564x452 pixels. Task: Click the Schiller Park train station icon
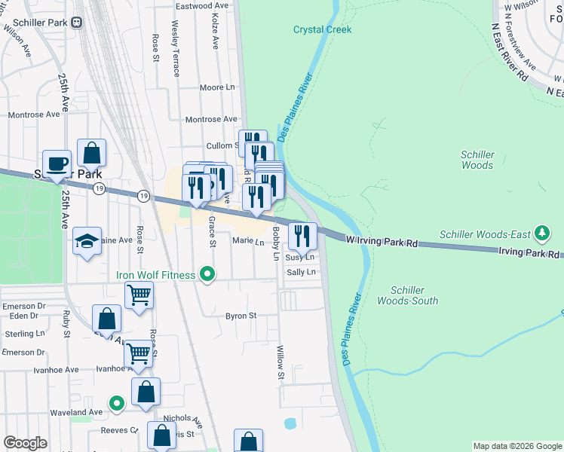[x=77, y=22]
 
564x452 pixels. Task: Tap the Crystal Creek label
[x=322, y=29]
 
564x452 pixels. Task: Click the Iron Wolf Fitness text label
[x=155, y=275]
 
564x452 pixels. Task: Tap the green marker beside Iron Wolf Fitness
[x=209, y=275]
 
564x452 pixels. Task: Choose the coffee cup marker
[x=57, y=163]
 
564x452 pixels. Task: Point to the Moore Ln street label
[x=217, y=87]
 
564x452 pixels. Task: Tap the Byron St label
[x=241, y=316]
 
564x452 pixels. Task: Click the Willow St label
[x=280, y=362]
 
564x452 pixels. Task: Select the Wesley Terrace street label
[x=175, y=49]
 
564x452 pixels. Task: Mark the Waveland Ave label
[x=76, y=412]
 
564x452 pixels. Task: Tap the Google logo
[x=26, y=444]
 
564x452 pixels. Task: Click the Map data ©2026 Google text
[x=517, y=446]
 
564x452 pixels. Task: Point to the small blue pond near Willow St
[x=290, y=423]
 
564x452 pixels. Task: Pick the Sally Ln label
[x=301, y=271]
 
